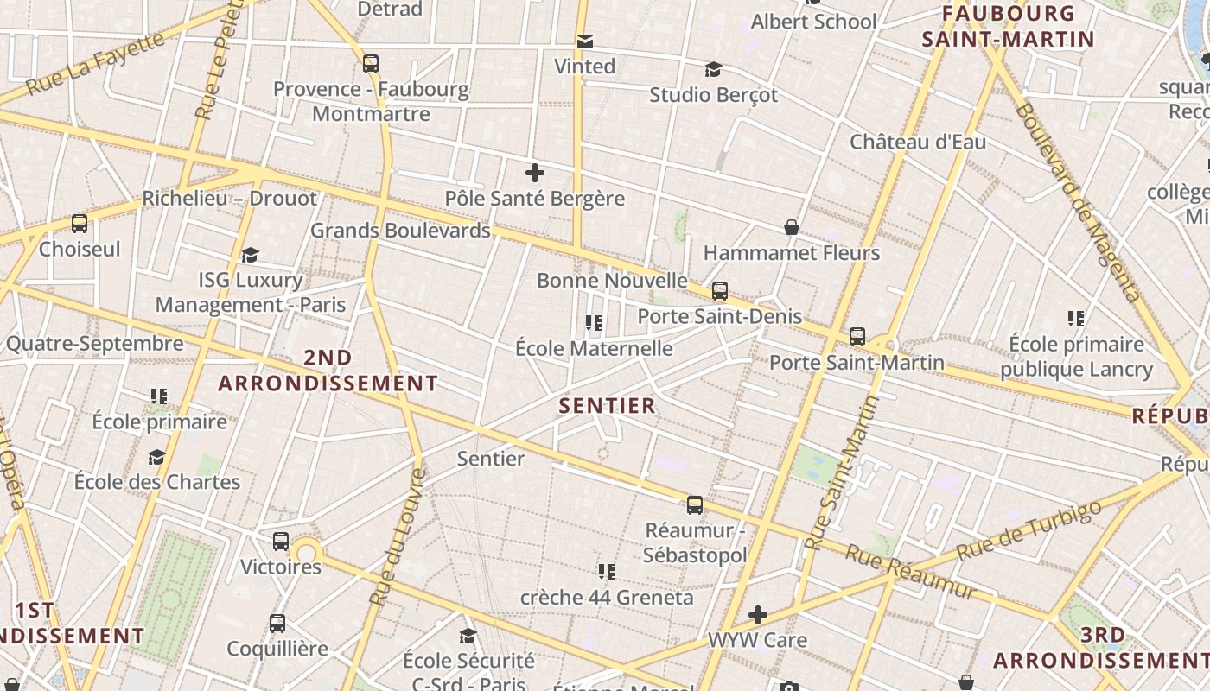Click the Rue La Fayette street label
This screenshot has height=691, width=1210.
95,63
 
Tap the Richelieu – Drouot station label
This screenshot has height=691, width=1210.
230,198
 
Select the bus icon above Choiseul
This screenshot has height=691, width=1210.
80,224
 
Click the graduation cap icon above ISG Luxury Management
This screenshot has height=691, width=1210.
251,255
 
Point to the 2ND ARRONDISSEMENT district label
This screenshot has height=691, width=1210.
328,371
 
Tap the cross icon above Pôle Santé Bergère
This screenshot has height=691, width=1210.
535,173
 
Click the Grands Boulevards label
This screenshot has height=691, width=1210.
400,231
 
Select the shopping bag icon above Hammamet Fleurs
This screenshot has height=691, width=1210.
792,227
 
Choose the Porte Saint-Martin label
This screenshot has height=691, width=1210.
857,362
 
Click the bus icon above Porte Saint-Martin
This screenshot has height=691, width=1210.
857,336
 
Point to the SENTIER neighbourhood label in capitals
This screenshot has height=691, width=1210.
608,405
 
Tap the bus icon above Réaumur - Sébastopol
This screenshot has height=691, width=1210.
695,505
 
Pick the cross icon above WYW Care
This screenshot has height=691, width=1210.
758,615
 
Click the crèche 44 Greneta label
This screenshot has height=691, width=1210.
607,597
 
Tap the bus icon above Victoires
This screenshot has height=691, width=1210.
281,542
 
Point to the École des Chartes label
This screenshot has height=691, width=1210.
157,481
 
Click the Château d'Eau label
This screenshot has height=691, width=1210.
918,142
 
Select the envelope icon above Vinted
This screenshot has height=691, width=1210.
585,41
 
